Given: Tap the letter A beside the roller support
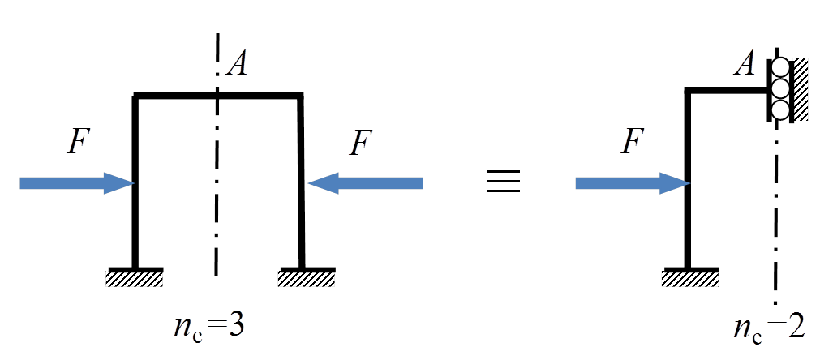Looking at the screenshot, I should tap(745, 63).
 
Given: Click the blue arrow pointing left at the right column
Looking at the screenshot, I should tap(366, 184).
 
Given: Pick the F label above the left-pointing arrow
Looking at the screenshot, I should tap(361, 144).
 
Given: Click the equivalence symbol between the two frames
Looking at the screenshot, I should tap(503, 182).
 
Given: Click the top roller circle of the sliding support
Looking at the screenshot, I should tap(780, 68).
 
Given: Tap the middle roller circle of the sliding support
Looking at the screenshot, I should tap(780, 88).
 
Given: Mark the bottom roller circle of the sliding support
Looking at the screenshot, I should tap(780, 109).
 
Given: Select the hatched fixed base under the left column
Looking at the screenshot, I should tap(135, 279).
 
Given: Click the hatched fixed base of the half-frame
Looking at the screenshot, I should tap(690, 279).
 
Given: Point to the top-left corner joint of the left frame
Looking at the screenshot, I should tap(135, 97).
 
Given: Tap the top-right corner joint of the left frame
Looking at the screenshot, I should tap(302, 97).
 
